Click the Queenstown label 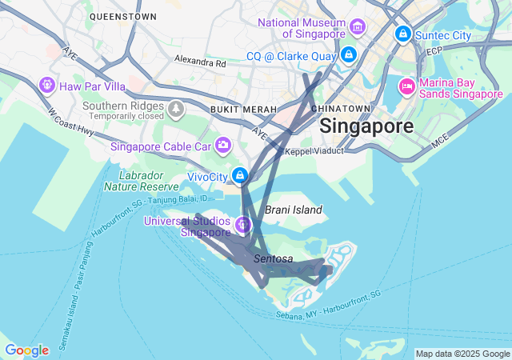pyautogui.click(x=123, y=16)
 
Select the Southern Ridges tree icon pyautogui.click(x=175, y=108)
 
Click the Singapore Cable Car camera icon pyautogui.click(x=223, y=145)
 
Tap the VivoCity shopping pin pyautogui.click(x=239, y=174)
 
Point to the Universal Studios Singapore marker pyautogui.click(x=242, y=224)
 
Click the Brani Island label pyautogui.click(x=294, y=210)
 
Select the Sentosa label pyautogui.click(x=274, y=259)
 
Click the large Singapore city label pyautogui.click(x=366, y=126)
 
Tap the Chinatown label pyautogui.click(x=341, y=108)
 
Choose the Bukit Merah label pyautogui.click(x=243, y=109)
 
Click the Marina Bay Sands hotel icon pyautogui.click(x=406, y=86)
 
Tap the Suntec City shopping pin pyautogui.click(x=402, y=34)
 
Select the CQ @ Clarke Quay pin pyautogui.click(x=349, y=55)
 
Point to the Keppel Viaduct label pyautogui.click(x=314, y=150)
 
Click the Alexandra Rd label pyautogui.click(x=200, y=62)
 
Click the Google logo pyautogui.click(x=26, y=350)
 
